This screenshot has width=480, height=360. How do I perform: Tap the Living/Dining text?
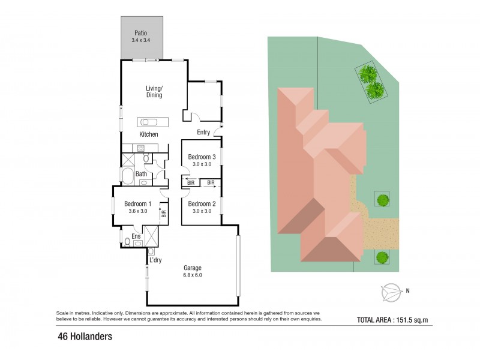pos(154,92)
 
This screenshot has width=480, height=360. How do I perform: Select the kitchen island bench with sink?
pos(154,122)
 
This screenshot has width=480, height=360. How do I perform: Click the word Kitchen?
pos(149,134)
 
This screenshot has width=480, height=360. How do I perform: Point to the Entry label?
pos(203,133)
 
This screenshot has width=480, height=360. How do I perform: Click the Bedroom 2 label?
pos(202,203)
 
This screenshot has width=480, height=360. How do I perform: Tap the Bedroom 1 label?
pos(138,203)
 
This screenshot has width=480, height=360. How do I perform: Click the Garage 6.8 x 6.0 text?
pos(193,272)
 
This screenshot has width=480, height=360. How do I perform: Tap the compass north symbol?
pos(390,292)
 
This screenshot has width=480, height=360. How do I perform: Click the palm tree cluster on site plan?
pos(371,83)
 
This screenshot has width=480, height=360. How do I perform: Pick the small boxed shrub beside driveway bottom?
pos(381,258)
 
